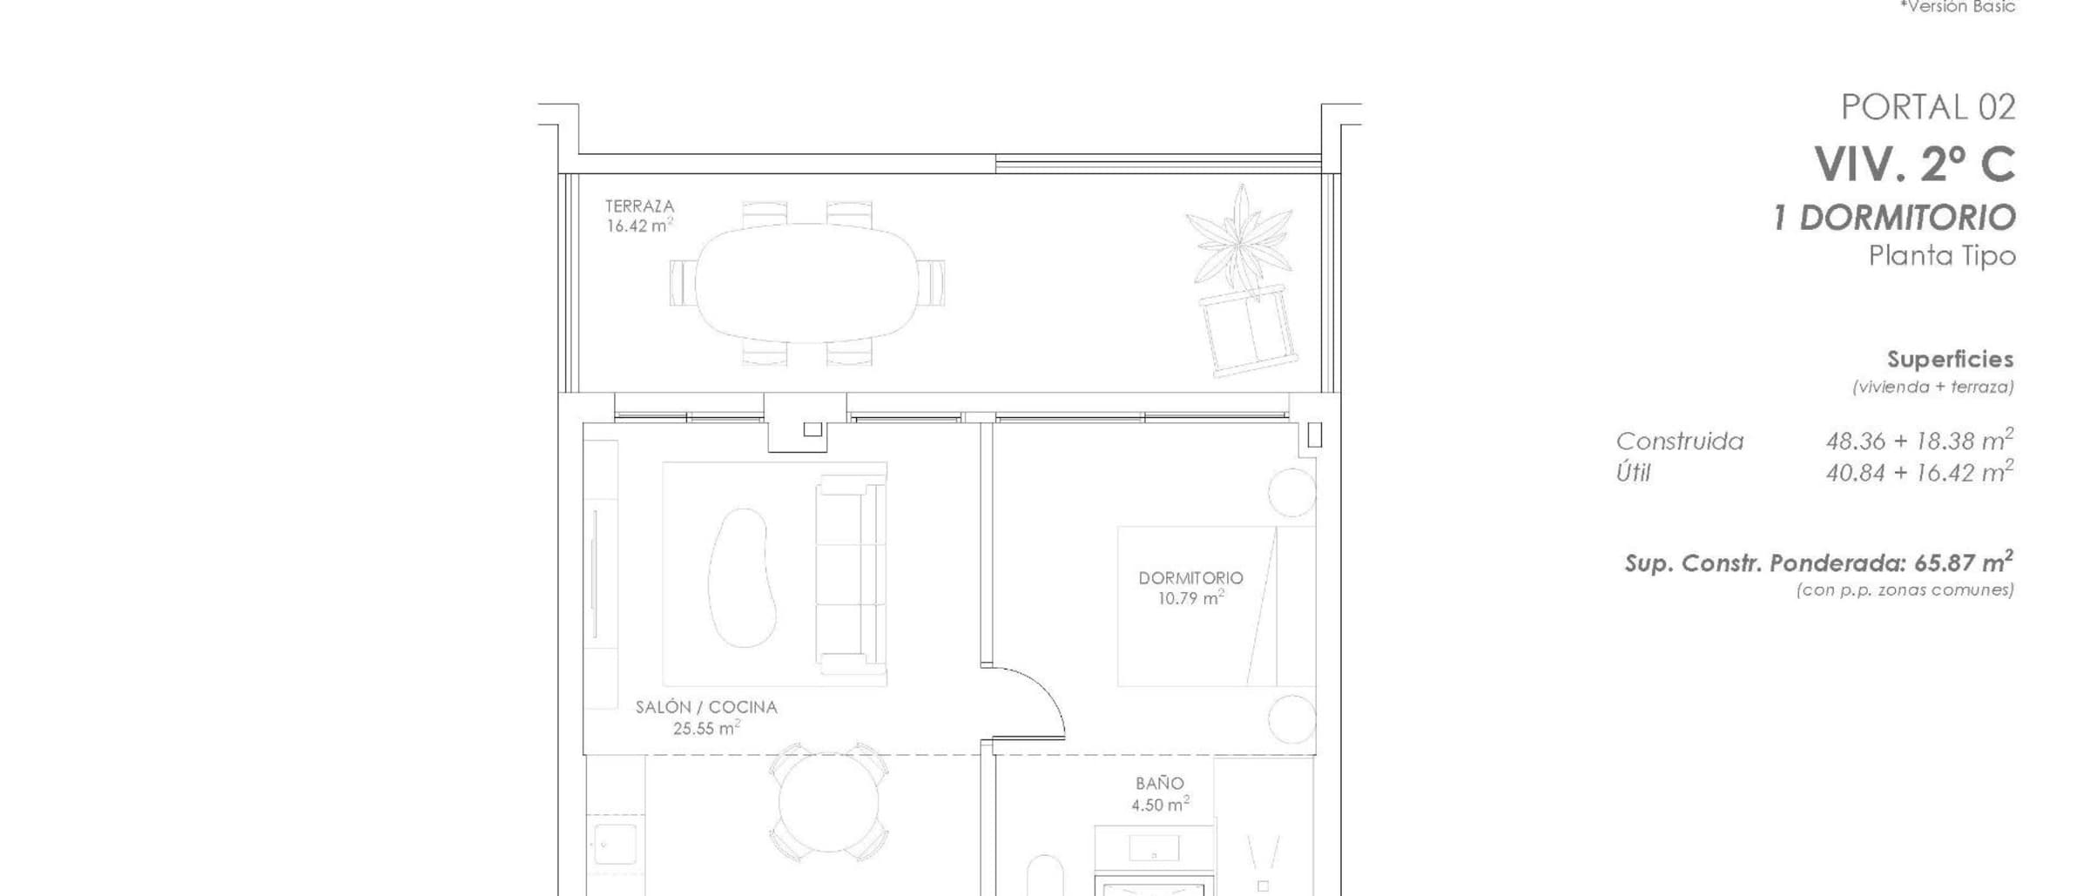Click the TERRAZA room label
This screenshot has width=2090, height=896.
640,206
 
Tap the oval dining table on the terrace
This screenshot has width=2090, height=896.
806,283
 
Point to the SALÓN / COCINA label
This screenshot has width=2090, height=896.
706,707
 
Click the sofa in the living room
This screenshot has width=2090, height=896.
851,575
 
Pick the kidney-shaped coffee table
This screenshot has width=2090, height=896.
742,577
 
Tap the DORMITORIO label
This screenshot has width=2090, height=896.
1190,578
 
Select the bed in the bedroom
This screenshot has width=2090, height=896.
1217,606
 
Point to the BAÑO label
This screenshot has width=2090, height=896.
1159,784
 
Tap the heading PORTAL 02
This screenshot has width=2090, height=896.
1928,107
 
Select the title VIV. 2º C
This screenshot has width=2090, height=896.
1915,164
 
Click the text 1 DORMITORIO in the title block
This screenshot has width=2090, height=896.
1895,218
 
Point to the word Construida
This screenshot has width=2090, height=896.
1680,441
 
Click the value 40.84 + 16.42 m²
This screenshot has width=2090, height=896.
1919,472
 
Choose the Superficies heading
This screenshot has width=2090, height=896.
1951,360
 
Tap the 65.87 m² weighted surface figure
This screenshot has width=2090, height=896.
1964,563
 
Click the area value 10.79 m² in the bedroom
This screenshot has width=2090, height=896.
1190,598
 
